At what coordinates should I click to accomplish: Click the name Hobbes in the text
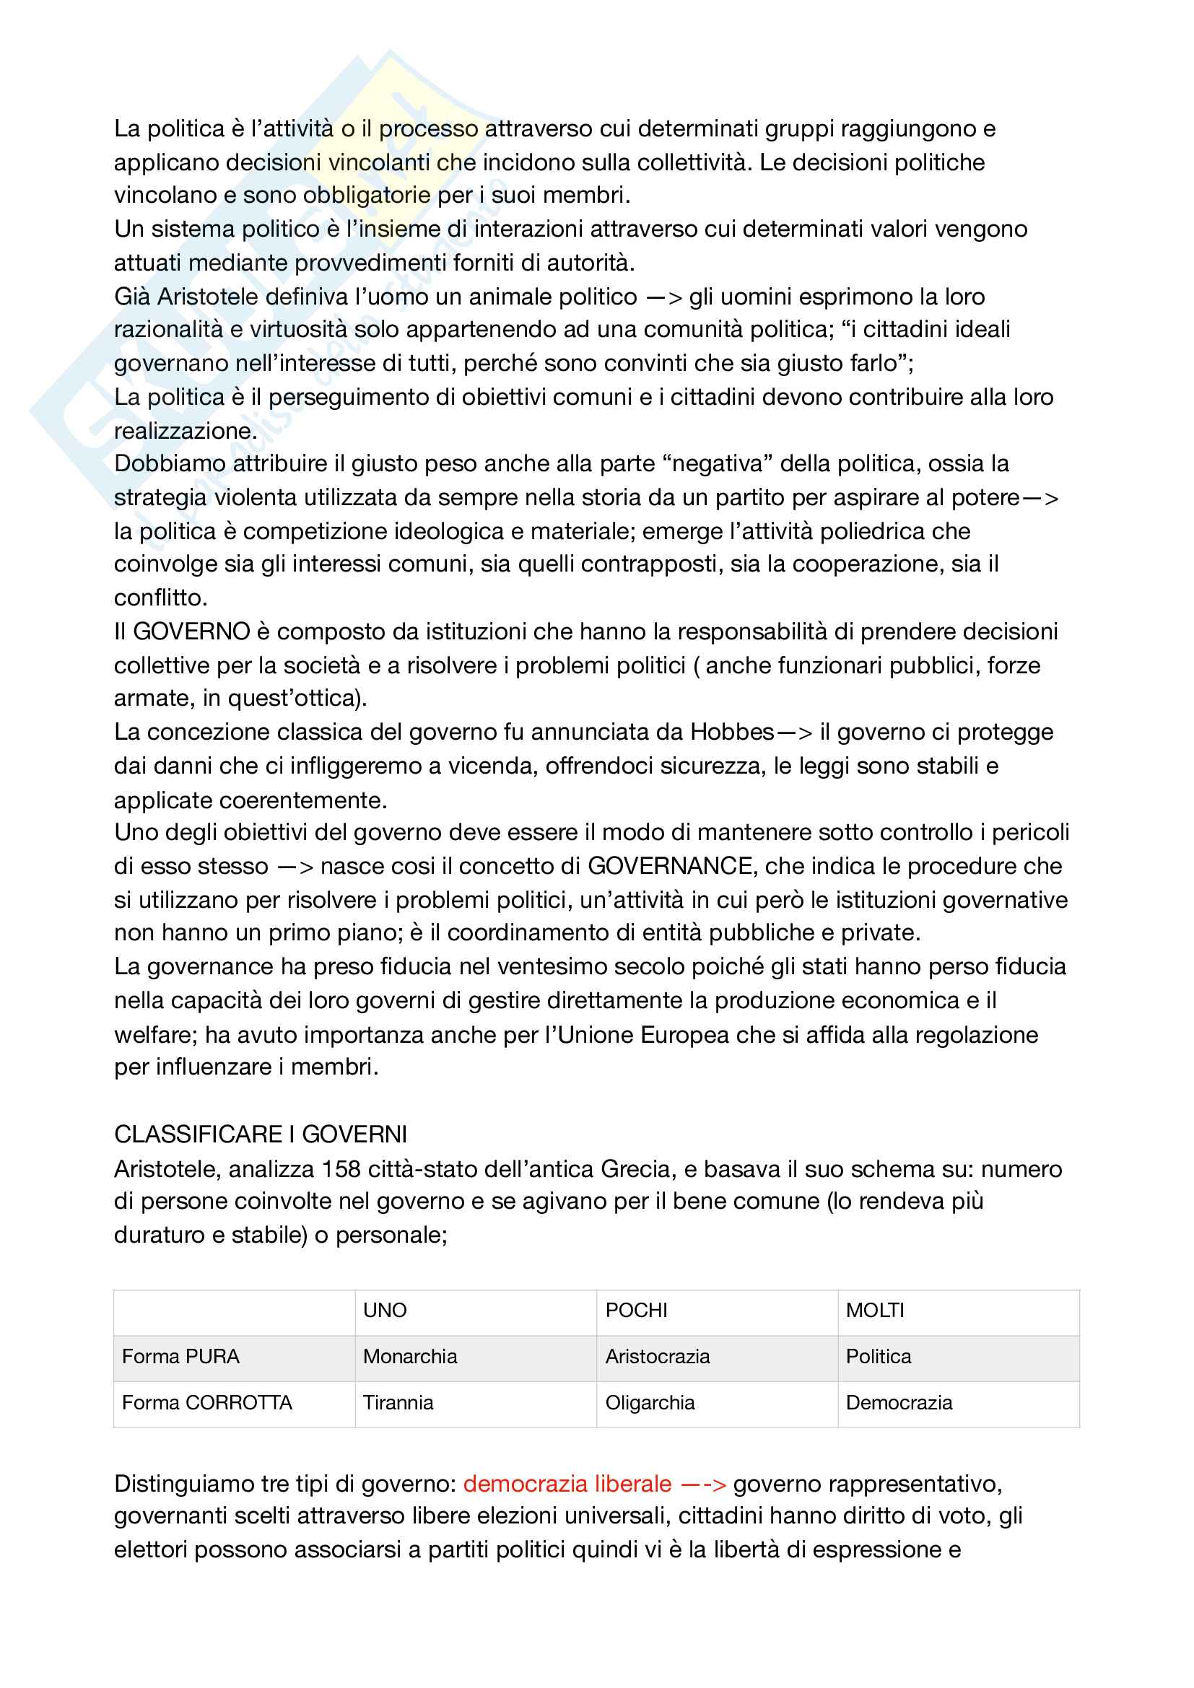[731, 733]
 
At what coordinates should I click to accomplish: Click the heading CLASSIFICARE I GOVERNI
[261, 1134]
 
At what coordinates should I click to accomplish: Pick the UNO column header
[385, 1310]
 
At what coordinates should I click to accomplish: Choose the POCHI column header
[636, 1310]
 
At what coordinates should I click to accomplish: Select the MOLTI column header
[875, 1310]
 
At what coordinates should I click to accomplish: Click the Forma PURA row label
[181, 1357]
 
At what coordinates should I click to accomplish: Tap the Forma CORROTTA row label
[206, 1403]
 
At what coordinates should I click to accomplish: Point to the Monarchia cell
[409, 1357]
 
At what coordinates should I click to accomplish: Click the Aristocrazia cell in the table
[658, 1357]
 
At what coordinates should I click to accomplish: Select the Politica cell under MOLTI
[878, 1357]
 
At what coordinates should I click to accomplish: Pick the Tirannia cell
[398, 1403]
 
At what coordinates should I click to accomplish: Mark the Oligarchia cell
[650, 1403]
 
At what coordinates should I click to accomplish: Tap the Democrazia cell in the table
[899, 1403]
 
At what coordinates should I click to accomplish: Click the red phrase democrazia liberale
[567, 1484]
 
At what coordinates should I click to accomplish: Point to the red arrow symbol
[704, 1484]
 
